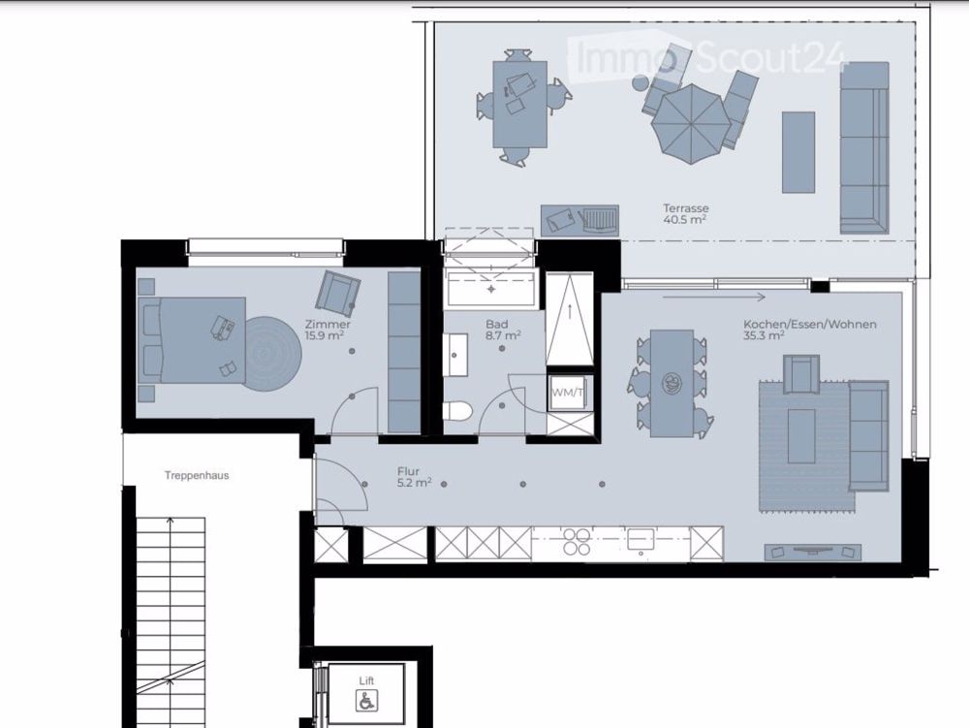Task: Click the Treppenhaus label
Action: tap(197, 476)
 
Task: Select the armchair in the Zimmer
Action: tap(337, 291)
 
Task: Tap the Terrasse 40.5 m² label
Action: tap(684, 213)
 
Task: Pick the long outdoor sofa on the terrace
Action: tap(863, 147)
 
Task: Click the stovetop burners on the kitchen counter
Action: tap(577, 541)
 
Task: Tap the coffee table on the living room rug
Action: tap(800, 436)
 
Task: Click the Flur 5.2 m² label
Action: tap(414, 476)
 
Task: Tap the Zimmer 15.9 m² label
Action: tap(327, 330)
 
